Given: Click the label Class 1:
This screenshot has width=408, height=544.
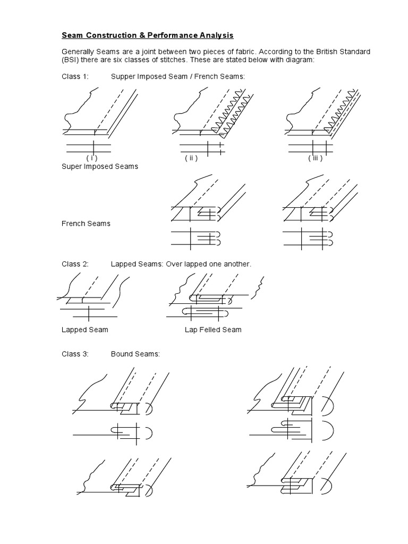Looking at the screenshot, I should tap(75, 76).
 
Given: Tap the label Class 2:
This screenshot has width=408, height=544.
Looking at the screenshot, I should tap(75, 264).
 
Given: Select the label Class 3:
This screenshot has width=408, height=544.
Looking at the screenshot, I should tap(75, 354).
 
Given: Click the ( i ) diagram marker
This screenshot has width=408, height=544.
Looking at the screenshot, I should tap(92, 158).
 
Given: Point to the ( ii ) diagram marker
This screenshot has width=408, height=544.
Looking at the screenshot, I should tap(191, 158).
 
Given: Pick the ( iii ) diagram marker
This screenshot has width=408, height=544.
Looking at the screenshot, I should tap(314, 158).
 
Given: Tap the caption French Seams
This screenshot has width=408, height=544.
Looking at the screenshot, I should tap(86, 224).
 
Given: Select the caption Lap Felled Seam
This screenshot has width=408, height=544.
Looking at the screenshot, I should tap(213, 330).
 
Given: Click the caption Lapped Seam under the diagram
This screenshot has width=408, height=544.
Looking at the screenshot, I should tap(85, 330).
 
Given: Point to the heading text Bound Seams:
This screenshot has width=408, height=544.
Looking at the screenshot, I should tap(135, 354).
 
